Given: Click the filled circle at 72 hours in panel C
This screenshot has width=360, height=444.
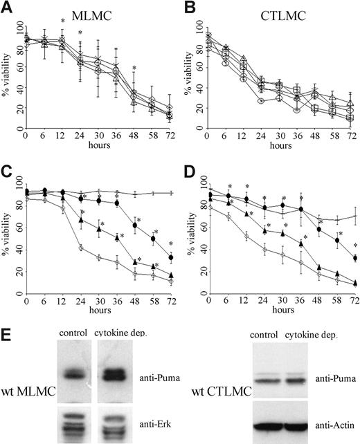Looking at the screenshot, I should coord(170,257).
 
